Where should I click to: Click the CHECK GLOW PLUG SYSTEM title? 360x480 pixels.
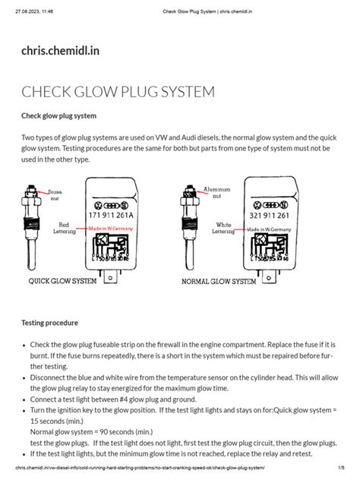pos(118,92)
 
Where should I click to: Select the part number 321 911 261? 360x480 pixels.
pos(267,216)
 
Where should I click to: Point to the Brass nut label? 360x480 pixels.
pos(55,194)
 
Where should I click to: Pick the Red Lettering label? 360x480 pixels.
pos(63,228)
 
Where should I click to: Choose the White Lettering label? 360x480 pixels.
pos(223,228)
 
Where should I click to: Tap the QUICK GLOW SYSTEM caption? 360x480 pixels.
pos(62,281)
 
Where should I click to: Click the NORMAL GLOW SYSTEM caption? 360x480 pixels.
pos(219,282)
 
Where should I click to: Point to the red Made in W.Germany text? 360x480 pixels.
pos(112,228)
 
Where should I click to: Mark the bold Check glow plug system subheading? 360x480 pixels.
pos(58,116)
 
